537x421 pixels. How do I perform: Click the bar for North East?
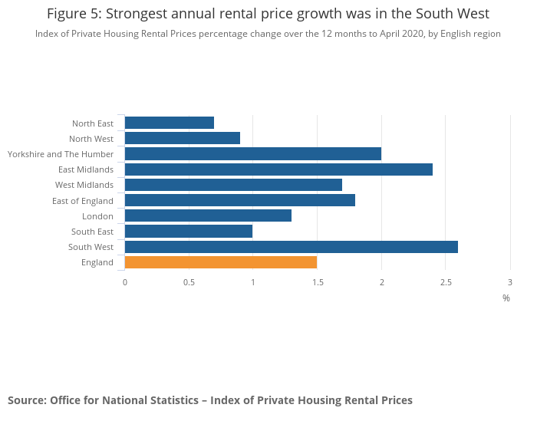tap(170, 123)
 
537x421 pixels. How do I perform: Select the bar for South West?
tap(291, 247)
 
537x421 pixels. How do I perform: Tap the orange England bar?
tap(221, 262)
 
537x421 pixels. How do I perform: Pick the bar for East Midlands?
tap(278, 169)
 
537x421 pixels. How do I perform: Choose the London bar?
tap(208, 215)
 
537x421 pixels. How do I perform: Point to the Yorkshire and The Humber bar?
tap(253, 154)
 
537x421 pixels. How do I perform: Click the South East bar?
tap(189, 232)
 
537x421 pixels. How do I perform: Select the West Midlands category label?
tap(84, 185)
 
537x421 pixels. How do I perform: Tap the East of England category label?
tap(83, 201)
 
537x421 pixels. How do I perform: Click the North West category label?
tap(91, 139)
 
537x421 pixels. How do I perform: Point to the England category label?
tap(97, 262)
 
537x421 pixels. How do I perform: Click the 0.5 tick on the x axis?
tap(189, 283)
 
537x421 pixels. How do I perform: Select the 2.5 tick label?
tap(446, 283)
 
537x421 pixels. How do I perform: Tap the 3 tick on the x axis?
tap(509, 283)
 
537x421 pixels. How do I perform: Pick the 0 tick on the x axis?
tap(125, 283)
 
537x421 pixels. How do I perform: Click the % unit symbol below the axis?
tap(506, 298)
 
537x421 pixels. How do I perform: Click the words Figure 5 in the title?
tap(74, 14)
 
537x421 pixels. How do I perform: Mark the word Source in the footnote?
tap(26, 400)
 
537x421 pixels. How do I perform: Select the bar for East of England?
tap(240, 200)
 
